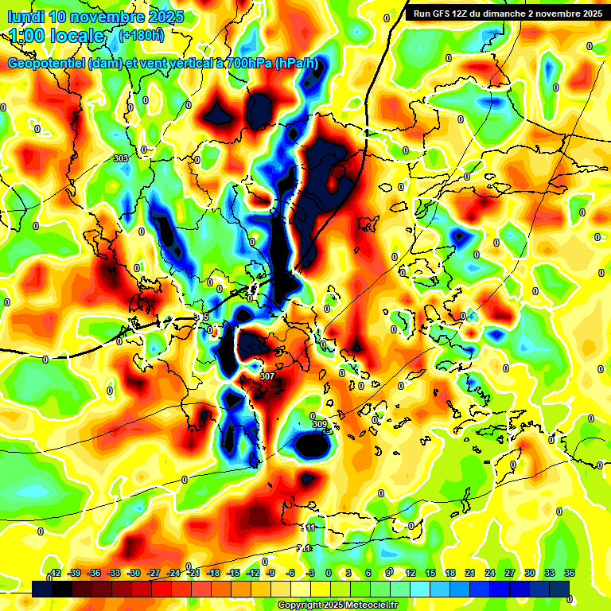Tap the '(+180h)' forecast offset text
click(x=141, y=34)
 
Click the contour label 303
click(x=121, y=159)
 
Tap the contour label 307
click(x=267, y=376)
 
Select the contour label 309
click(x=319, y=425)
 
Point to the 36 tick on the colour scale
click(x=570, y=573)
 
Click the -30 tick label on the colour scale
click(x=133, y=573)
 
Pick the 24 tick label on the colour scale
click(x=488, y=573)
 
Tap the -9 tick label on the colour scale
click(x=270, y=573)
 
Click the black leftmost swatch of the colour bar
click(x=42, y=588)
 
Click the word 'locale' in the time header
click(x=75, y=36)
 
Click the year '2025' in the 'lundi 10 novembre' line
click(x=165, y=17)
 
